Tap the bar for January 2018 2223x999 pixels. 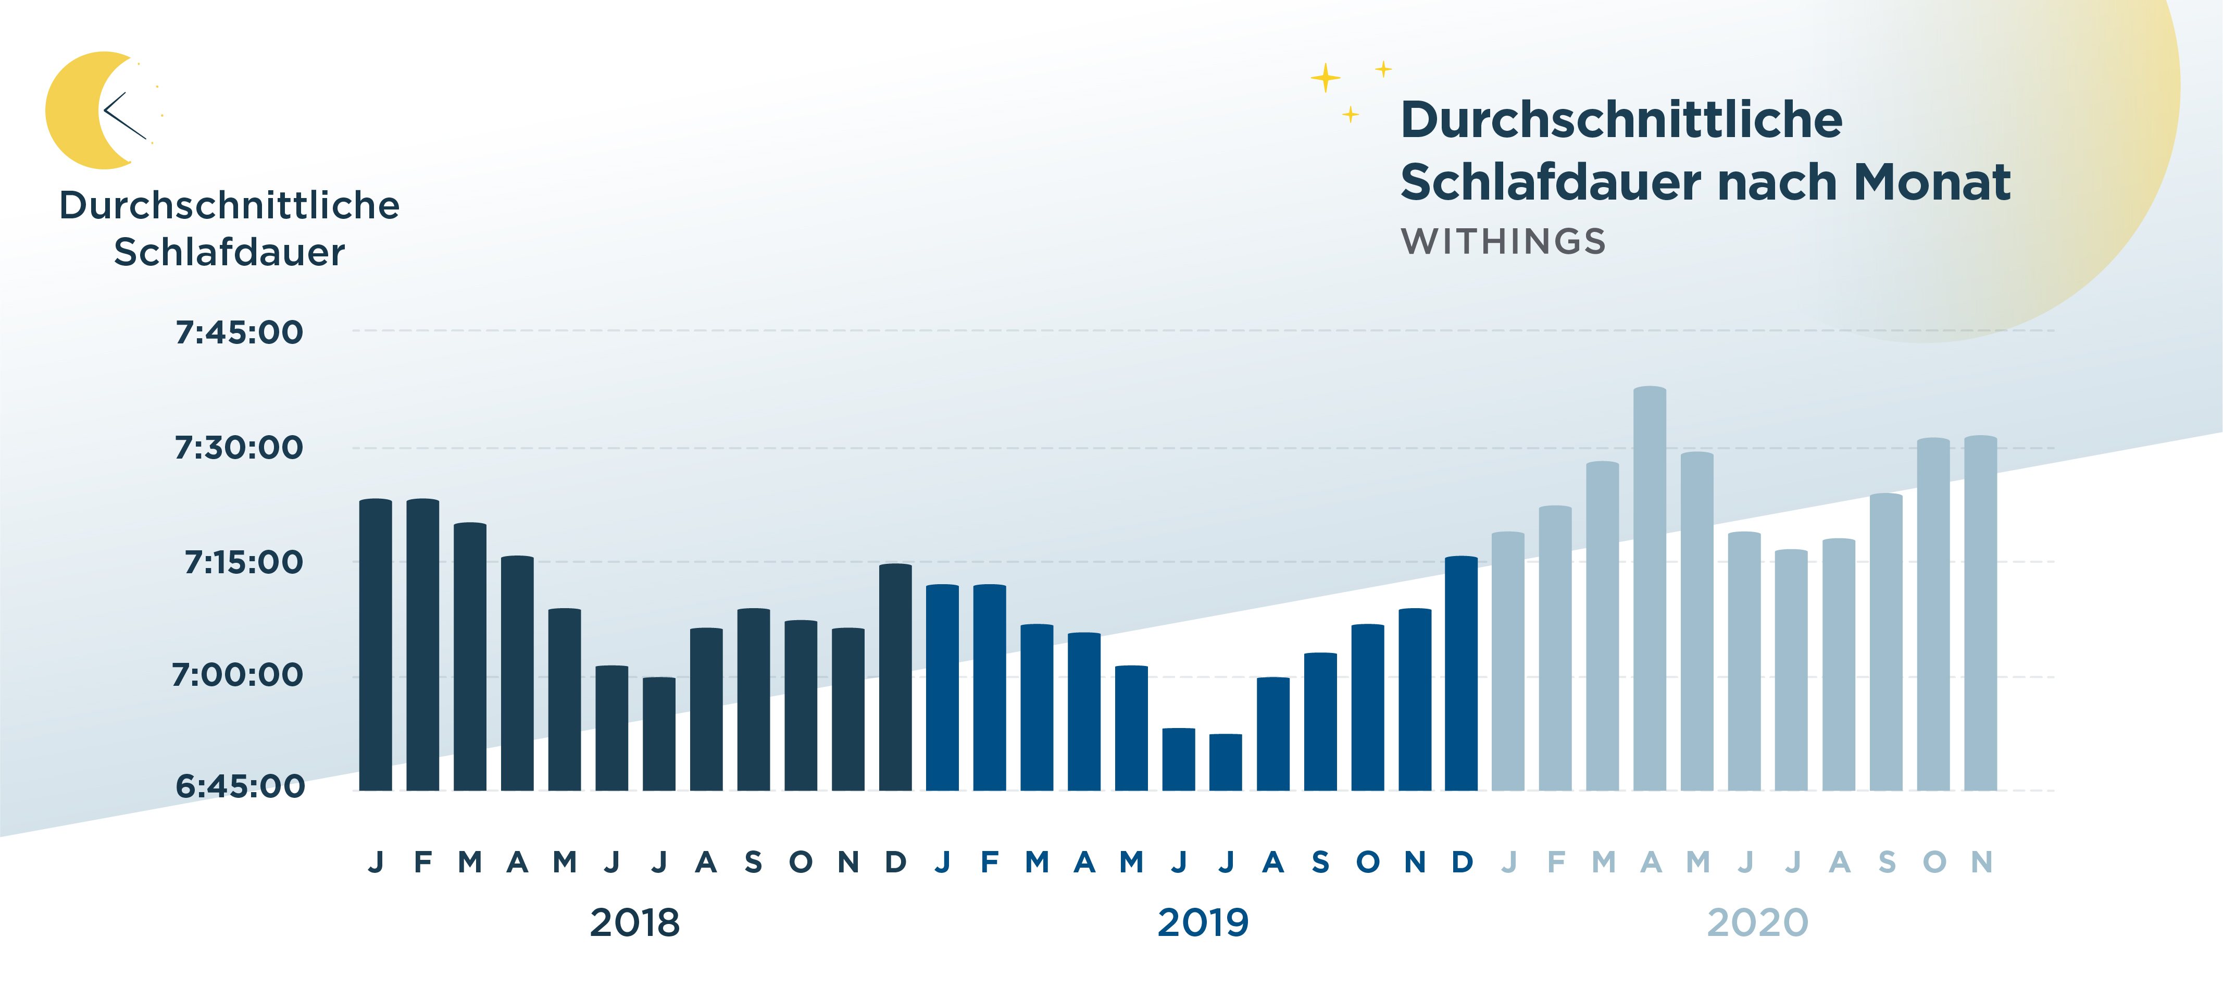pos(376,645)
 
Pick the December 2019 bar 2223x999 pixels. pos(1461,673)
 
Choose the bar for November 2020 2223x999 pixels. pos(1980,613)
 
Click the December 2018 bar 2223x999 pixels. pos(895,678)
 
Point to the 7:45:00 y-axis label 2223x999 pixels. pos(239,332)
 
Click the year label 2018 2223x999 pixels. pos(634,923)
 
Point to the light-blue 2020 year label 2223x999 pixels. pos(1757,923)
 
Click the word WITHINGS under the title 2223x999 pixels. pos(1503,242)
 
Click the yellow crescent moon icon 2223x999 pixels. pos(82,110)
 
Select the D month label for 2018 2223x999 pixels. pos(896,862)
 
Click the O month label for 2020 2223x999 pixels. pos(1934,862)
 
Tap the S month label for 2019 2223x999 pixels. pos(1320,862)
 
